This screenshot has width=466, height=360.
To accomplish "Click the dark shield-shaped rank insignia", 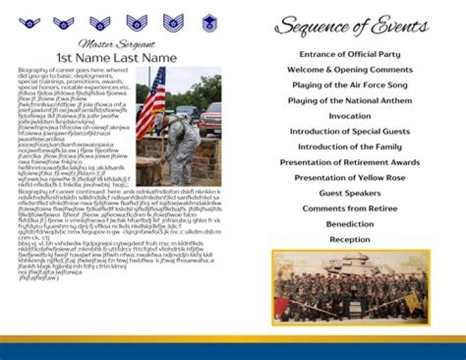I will [x=209, y=24].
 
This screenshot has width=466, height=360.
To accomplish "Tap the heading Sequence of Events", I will [x=351, y=27].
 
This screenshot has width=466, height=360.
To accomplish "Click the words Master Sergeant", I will [x=116, y=45].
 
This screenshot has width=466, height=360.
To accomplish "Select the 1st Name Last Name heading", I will [x=116, y=58].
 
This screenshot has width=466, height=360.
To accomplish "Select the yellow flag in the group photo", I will [x=412, y=301].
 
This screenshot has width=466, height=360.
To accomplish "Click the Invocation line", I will [x=349, y=116].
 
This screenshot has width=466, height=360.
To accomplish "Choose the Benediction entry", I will [x=349, y=224].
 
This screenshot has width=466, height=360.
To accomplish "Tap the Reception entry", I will [x=349, y=240].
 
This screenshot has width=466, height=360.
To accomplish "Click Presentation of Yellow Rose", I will [x=349, y=177].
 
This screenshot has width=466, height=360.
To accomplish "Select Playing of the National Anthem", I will [x=349, y=100].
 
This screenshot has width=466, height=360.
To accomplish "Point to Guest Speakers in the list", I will [x=349, y=193].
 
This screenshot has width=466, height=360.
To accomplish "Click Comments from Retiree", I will [x=349, y=208].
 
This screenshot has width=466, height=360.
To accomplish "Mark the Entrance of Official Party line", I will [x=349, y=54].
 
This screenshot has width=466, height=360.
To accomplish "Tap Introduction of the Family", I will [x=349, y=147].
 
